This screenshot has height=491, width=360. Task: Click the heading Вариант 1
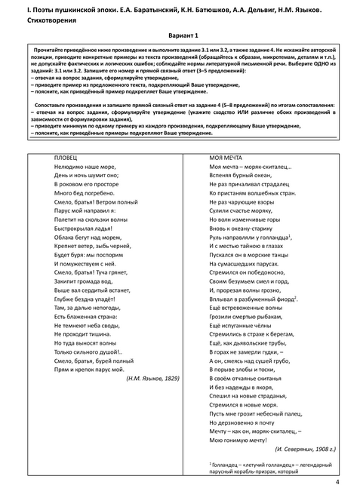click(x=180, y=36)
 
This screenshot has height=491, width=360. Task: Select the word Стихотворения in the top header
click(x=38, y=20)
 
